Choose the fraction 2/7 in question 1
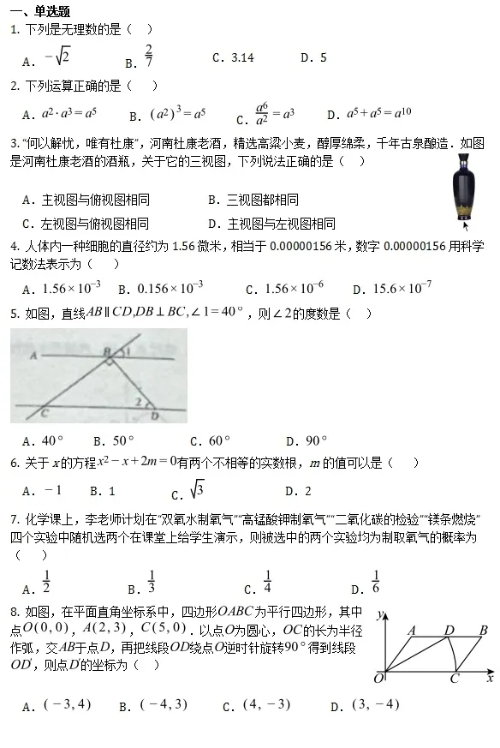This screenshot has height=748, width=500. click(x=149, y=56)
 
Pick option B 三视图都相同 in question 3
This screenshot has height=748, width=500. click(x=253, y=200)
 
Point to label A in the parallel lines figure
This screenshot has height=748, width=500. click(x=32, y=352)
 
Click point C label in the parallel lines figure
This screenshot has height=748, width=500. click(x=44, y=413)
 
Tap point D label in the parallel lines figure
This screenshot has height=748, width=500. click(x=154, y=416)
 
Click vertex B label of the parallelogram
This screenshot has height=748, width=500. click(x=484, y=631)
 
